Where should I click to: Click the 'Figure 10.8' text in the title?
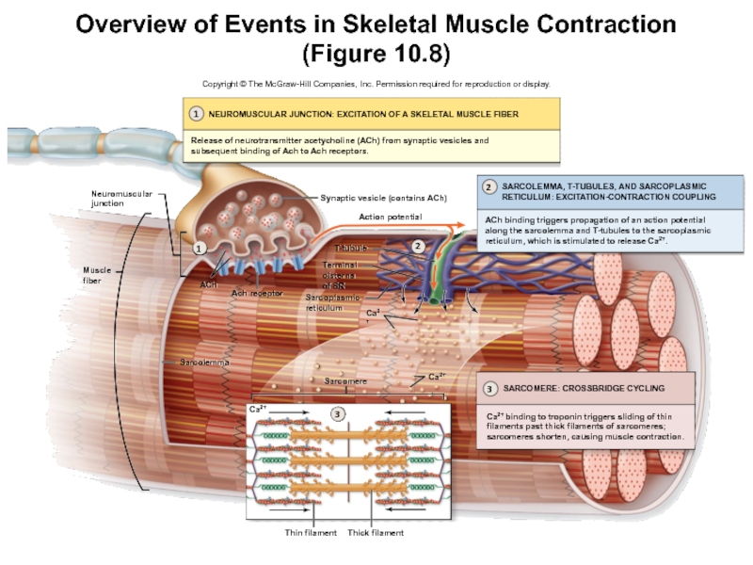point(376,49)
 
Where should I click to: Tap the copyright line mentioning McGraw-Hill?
point(376,84)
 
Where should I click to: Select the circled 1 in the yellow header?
point(195,113)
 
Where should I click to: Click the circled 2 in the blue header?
point(489,187)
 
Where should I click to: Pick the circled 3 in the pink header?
point(490,388)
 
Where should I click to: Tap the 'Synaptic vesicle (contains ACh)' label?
point(382,199)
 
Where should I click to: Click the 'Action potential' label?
point(390,217)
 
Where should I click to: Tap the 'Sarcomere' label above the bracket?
point(345,381)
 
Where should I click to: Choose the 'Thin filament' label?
point(310,533)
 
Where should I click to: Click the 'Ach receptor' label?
point(257,293)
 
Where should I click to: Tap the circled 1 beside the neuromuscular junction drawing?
point(199,250)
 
